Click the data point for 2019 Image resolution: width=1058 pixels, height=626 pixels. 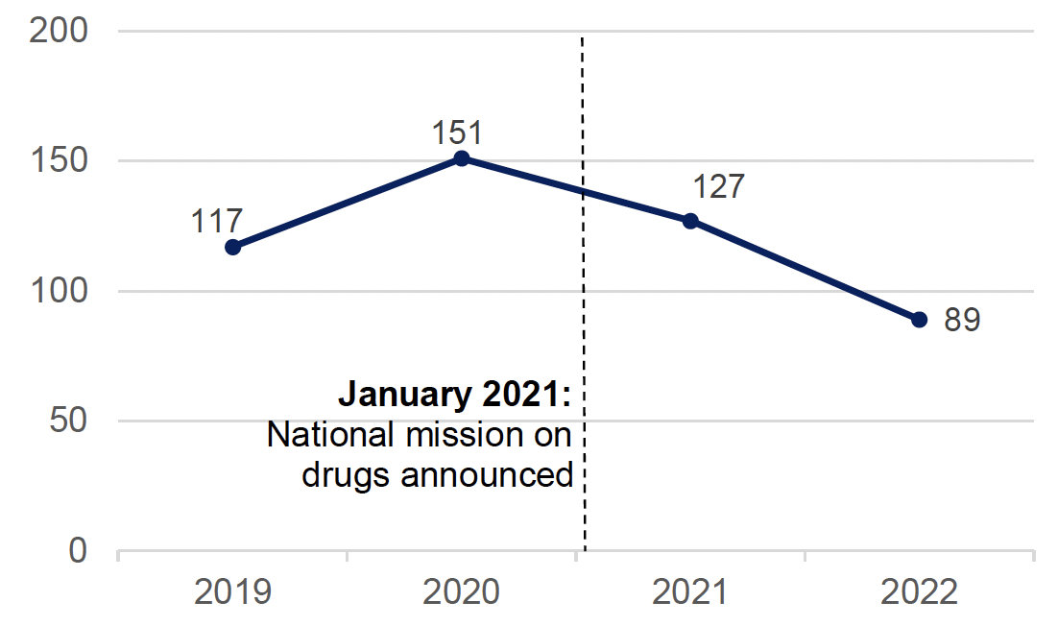[x=232, y=247]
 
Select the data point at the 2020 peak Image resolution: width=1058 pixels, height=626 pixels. [x=461, y=158]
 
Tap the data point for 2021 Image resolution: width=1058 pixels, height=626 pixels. [x=690, y=221]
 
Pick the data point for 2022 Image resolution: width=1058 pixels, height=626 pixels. [x=919, y=320]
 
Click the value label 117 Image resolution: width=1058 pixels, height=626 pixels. [x=216, y=221]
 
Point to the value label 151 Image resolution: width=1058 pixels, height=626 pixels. [x=457, y=132]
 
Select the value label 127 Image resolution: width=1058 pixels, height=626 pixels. [x=718, y=186]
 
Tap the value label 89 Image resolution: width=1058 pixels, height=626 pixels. [x=960, y=320]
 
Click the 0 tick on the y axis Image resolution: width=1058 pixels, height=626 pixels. [x=78, y=551]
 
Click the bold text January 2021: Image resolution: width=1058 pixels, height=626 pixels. [x=454, y=397]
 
